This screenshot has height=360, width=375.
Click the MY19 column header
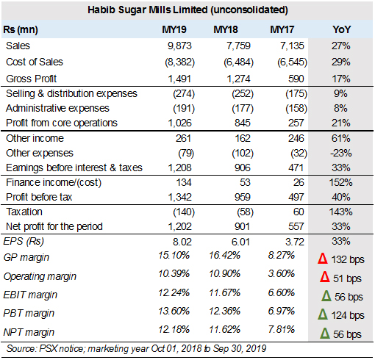point(174,29)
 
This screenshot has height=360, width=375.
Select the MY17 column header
point(282,29)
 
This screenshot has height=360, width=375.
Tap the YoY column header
point(341,29)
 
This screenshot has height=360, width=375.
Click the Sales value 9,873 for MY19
point(179,46)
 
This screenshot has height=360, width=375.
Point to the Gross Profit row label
point(32,79)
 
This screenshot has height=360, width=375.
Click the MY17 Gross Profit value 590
point(296,79)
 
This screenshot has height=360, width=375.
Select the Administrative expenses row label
point(57,108)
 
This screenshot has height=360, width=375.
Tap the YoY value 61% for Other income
point(341,138)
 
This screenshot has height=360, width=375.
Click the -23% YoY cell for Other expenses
point(341,153)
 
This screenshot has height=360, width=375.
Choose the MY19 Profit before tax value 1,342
point(179,197)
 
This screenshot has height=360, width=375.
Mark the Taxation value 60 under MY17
point(299,212)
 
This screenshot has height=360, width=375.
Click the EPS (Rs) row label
point(24,242)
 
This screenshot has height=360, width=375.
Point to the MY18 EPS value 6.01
point(240,242)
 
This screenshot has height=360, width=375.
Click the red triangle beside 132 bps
point(323,259)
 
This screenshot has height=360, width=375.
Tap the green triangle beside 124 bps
point(323,314)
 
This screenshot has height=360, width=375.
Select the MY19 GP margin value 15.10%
point(174,256)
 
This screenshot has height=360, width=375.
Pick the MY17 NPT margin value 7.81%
point(282,329)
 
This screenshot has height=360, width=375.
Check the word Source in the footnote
point(21,348)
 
